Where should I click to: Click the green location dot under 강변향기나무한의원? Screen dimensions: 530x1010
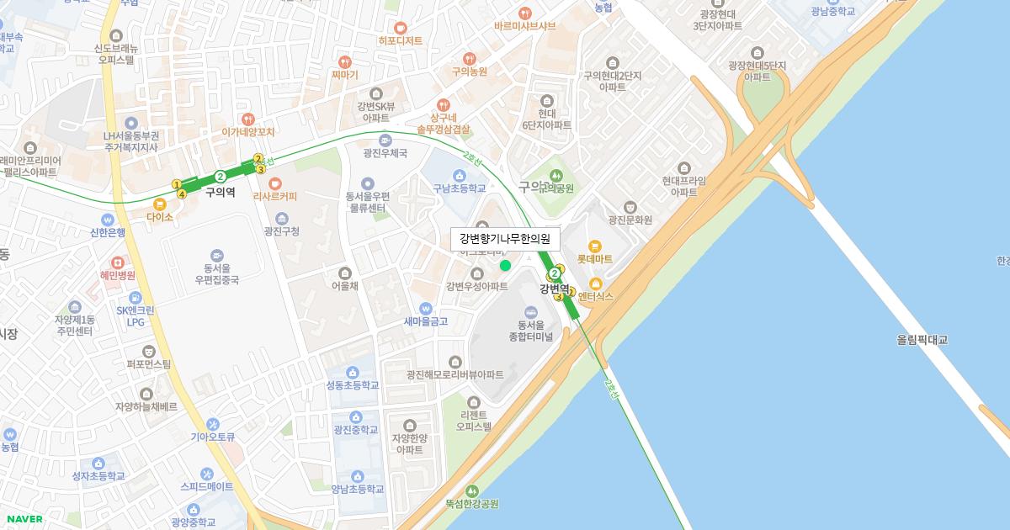pyautogui.click(x=505, y=266)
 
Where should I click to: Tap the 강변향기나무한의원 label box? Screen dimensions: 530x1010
pyautogui.click(x=505, y=239)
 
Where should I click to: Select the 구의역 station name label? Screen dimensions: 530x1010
pyautogui.click(x=220, y=192)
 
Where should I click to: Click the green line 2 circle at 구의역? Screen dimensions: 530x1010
pyautogui.click(x=220, y=177)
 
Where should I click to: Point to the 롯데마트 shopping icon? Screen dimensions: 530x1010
pyautogui.click(x=595, y=246)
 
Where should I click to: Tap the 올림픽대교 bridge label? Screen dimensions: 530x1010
pyautogui.click(x=922, y=340)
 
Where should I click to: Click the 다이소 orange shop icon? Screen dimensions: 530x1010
pyautogui.click(x=159, y=204)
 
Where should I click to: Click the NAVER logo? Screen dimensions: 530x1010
pyautogui.click(x=24, y=519)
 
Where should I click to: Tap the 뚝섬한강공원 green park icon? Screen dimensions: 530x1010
pyautogui.click(x=471, y=490)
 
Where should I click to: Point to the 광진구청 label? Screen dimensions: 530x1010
pyautogui.click(x=281, y=231)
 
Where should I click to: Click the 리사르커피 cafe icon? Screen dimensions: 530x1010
pyautogui.click(x=275, y=183)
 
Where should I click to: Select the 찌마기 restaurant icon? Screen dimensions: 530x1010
pyautogui.click(x=344, y=61)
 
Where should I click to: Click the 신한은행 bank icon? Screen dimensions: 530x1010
pyautogui.click(x=108, y=220)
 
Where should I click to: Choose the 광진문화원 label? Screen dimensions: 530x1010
pyautogui.click(x=630, y=220)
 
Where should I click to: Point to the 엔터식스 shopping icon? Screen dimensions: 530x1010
pyautogui.click(x=596, y=284)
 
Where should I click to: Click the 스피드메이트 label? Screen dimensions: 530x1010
pyautogui.click(x=207, y=486)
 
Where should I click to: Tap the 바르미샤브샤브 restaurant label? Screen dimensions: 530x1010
pyautogui.click(x=525, y=26)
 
